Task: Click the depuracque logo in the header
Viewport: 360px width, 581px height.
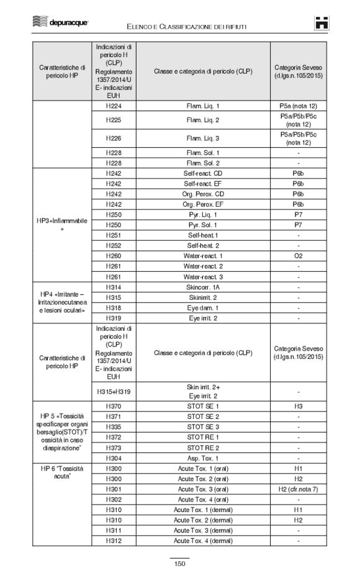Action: coord(60,23)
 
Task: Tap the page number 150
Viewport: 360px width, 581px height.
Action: coord(180,564)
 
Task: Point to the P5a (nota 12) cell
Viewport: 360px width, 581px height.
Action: coord(299,106)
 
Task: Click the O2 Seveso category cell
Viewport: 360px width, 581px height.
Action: coord(299,256)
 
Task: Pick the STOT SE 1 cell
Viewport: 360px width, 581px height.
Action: coord(203,406)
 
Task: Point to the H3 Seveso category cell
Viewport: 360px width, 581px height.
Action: coord(299,406)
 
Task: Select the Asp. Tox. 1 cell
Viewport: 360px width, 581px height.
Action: coord(203,458)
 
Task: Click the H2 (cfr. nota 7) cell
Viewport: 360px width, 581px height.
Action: coord(299,489)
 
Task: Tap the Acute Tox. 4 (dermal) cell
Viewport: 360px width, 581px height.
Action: coord(203,541)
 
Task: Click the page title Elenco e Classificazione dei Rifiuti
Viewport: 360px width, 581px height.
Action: coord(187,25)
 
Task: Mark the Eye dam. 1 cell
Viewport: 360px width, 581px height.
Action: coord(203,308)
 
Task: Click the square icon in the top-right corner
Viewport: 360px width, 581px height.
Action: coord(322,22)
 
